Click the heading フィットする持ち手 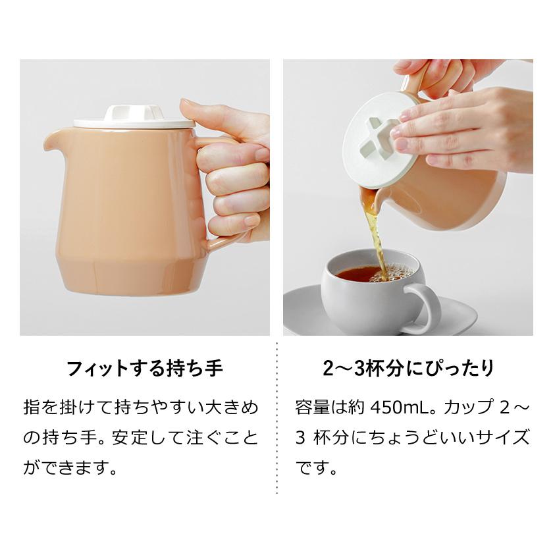(144, 368)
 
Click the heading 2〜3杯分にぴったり (408, 368)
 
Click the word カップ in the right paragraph (469, 408)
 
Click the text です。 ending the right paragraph (317, 468)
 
